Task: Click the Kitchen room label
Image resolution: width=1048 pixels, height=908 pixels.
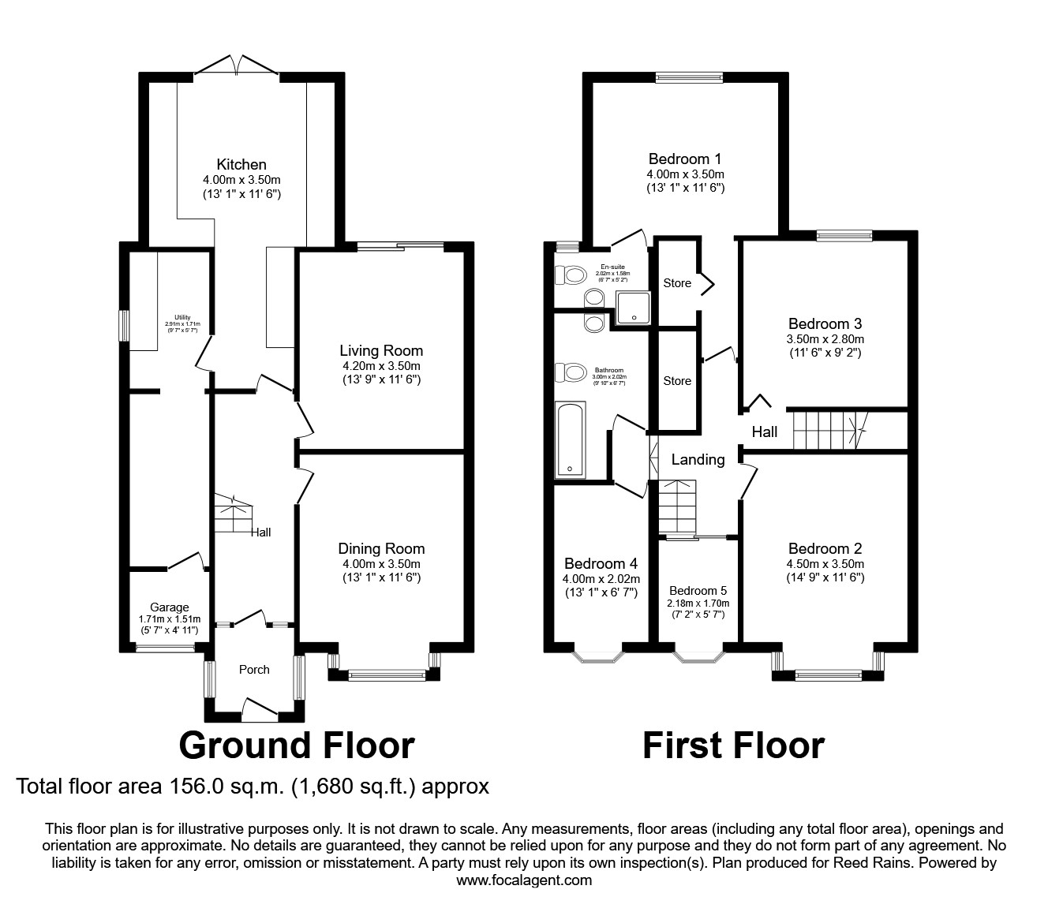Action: pos(241,165)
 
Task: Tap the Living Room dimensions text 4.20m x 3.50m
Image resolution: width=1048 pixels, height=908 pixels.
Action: pos(381,366)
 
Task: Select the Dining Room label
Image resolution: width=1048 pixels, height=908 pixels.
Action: pos(381,549)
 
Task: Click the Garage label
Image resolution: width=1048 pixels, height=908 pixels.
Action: pos(170,607)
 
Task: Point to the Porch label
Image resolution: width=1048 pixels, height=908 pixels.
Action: pos(254,670)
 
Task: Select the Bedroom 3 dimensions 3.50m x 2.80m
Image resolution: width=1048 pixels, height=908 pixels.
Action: pos(825,339)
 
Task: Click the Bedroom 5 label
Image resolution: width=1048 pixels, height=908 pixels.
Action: pos(698,591)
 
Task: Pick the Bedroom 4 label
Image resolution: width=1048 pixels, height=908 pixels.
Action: pos(601,564)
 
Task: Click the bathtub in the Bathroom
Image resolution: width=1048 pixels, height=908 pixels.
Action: pos(570,439)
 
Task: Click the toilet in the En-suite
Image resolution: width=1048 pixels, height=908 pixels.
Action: pos(571,275)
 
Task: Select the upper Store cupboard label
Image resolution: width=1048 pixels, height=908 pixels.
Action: pos(677,283)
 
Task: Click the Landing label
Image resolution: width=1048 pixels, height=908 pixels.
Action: pos(698,459)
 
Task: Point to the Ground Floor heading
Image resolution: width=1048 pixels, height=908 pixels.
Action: pos(297,745)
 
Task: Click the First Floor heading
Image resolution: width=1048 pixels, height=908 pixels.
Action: pos(733,745)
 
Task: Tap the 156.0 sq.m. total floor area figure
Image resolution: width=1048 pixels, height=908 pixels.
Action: pos(215,787)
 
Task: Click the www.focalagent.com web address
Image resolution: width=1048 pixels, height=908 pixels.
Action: pos(524,880)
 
